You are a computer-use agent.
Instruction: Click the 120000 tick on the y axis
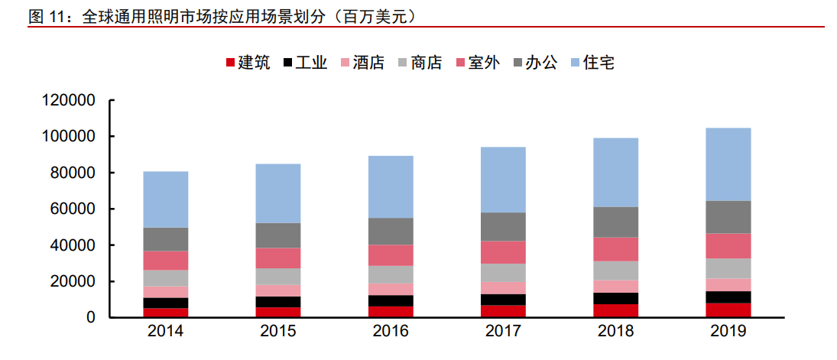tap(68, 100)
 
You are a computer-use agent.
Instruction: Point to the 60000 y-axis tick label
tap(73, 209)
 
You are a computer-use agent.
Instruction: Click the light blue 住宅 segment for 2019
tap(728, 164)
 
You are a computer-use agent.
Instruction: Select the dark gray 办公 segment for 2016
tap(391, 231)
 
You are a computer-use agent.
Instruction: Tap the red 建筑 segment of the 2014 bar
tap(165, 313)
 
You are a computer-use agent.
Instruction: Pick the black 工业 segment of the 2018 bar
tap(615, 298)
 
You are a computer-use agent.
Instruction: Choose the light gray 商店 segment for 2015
tap(278, 277)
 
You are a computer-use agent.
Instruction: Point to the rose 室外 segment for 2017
tap(503, 252)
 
